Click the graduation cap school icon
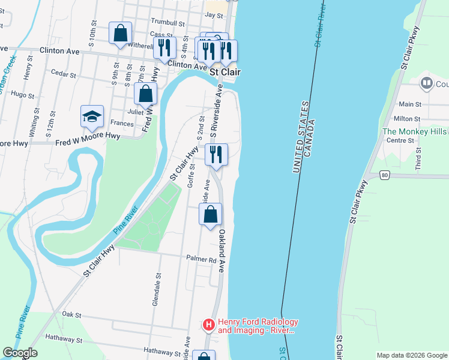click(92, 116)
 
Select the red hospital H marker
click(208, 325)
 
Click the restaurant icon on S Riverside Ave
click(216, 154)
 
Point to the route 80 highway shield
click(384, 175)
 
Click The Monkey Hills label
click(415, 131)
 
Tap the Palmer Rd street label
click(204, 260)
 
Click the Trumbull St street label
click(168, 23)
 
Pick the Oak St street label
click(71, 314)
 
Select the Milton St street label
click(407, 119)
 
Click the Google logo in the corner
click(20, 353)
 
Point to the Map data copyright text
click(412, 355)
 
